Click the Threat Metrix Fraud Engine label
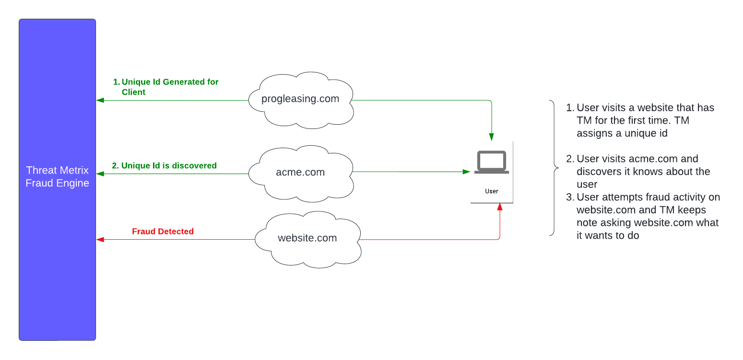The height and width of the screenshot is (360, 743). click(x=58, y=176)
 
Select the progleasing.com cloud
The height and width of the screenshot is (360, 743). click(x=300, y=99)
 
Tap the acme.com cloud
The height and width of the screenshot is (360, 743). click(x=300, y=173)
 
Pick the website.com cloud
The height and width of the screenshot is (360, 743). click(x=307, y=238)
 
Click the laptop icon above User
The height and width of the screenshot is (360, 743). click(x=491, y=162)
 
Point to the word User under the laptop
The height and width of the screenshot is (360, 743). click(x=492, y=191)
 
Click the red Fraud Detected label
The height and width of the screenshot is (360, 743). click(x=163, y=232)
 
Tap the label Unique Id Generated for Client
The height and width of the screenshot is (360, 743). click(x=165, y=87)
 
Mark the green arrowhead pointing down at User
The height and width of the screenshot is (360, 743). click(x=491, y=137)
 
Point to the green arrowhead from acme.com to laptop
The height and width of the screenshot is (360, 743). click(x=466, y=171)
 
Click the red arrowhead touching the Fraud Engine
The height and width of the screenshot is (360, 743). click(x=100, y=239)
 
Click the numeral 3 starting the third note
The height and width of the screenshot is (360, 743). click(x=569, y=197)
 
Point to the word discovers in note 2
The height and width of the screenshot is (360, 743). click(x=597, y=171)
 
